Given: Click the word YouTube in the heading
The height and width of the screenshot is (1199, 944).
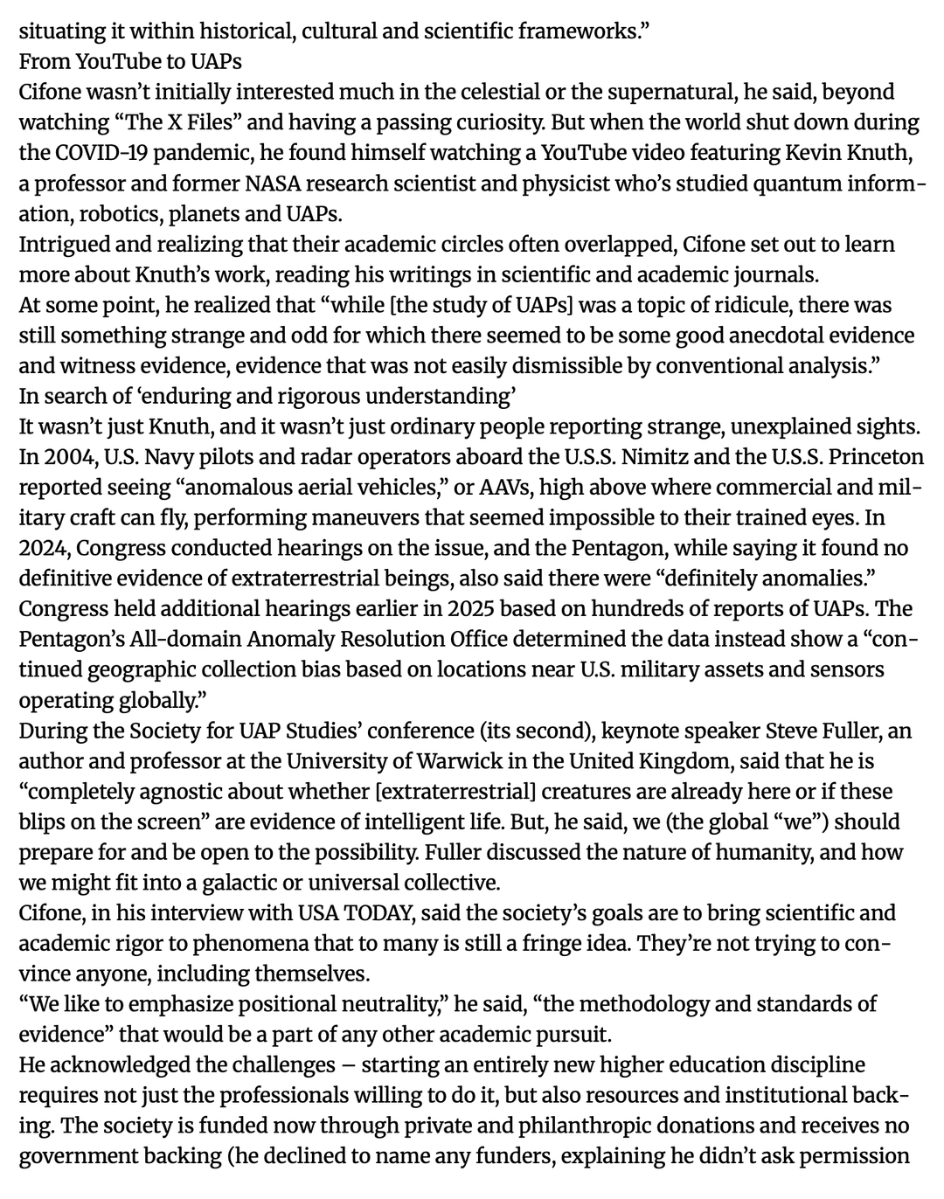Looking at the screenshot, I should [116, 62].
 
